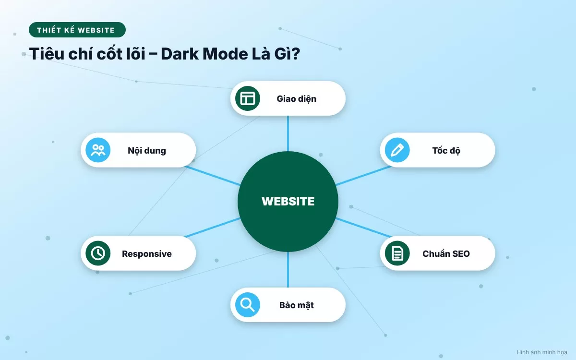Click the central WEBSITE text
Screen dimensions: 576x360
coord(288,201)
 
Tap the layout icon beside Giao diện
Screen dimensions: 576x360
coord(248,98)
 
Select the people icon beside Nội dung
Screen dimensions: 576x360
coord(98,150)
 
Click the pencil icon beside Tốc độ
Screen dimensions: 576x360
coord(397,150)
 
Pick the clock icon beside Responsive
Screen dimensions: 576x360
coord(98,253)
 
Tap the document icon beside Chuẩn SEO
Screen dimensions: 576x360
coord(397,253)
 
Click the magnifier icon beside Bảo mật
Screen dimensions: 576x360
coord(248,305)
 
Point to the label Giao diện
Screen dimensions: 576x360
coord(297,99)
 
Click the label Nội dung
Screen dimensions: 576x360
coord(147,151)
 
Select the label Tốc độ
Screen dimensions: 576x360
coord(446,151)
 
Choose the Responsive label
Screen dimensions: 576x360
coord(147,254)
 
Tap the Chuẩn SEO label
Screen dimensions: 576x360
coord(446,254)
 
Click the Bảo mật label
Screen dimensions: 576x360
coord(297,305)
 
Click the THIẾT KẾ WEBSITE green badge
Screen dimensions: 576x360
coord(77,30)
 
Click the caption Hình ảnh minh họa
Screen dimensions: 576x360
coord(542,352)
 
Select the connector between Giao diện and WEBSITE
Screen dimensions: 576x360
coord(288,133)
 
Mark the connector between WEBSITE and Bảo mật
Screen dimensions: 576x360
coord(288,269)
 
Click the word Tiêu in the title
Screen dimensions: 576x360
coord(47,53)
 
